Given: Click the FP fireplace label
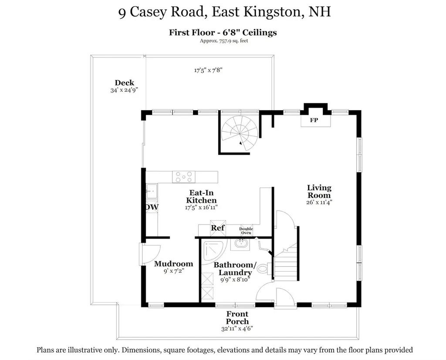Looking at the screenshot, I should tap(314, 121).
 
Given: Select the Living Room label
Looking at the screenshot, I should tap(319, 192).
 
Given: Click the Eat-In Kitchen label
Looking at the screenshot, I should tap(201, 196).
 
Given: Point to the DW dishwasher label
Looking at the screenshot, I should tap(152, 207).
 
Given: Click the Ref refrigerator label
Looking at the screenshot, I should tap(218, 228).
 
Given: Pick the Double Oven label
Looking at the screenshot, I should tap(246, 231).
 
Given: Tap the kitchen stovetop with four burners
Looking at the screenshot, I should tap(183, 177).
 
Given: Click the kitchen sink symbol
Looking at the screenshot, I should tap(152, 190).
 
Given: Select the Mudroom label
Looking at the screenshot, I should tap(173, 264).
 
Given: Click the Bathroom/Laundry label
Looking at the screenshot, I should tap(235, 269).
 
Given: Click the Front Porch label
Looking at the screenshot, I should tap(237, 317).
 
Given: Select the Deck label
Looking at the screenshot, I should tap(124, 83).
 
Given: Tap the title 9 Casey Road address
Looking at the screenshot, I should tap(224, 12).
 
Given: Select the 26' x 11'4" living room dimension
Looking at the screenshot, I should tap(319, 202).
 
